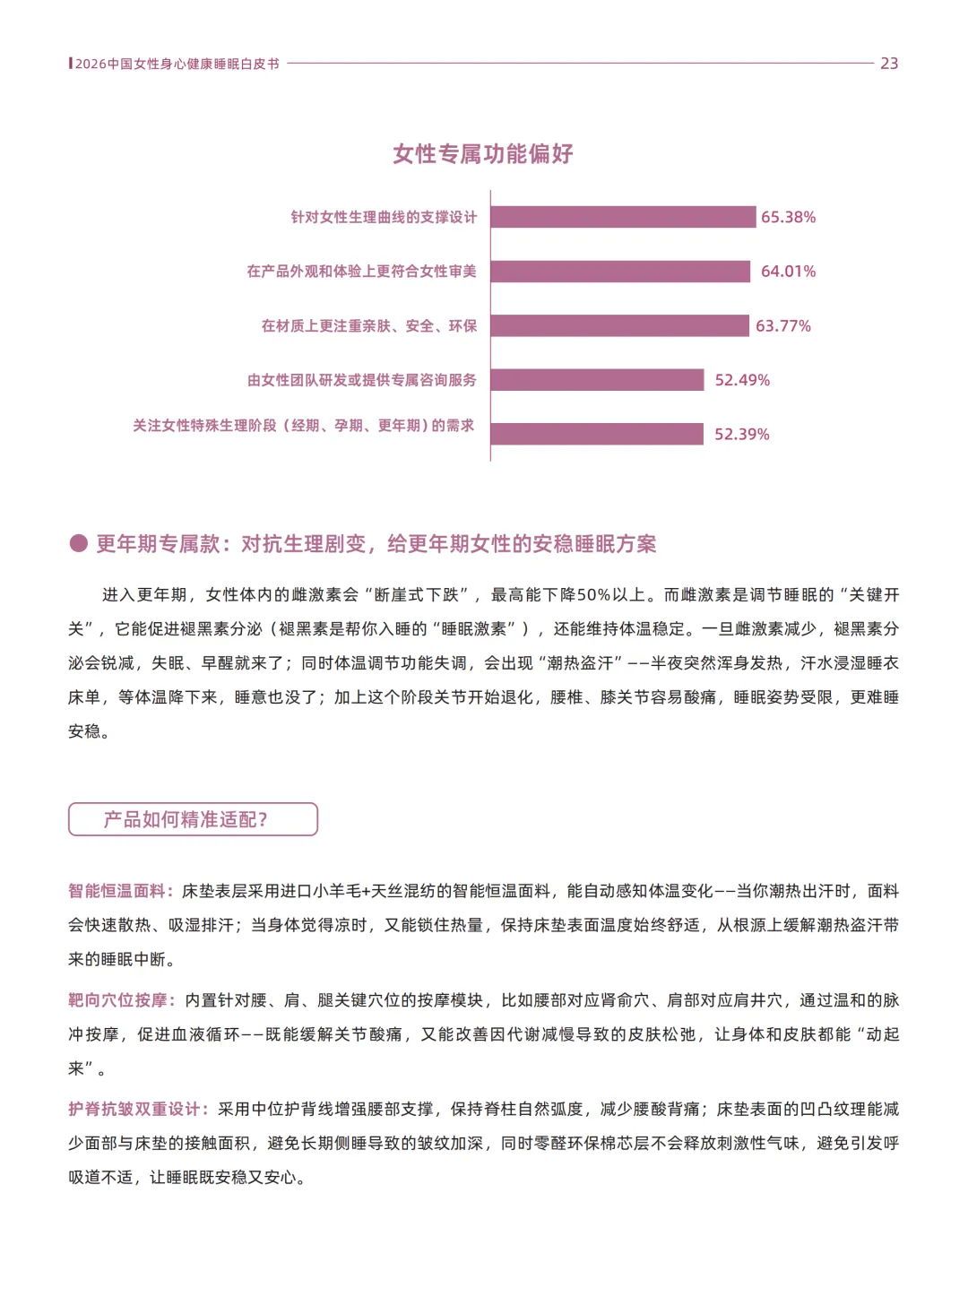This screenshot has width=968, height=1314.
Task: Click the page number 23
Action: pyautogui.click(x=888, y=64)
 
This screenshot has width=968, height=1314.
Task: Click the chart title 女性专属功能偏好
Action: pyautogui.click(x=483, y=154)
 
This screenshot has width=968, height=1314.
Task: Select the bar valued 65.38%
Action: pyautogui.click(x=623, y=217)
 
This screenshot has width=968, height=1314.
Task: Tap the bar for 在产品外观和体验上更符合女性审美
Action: pyautogui.click(x=620, y=272)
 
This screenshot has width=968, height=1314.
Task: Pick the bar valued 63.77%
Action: pyautogui.click(x=619, y=325)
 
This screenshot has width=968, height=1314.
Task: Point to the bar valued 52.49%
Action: pyautogui.click(x=597, y=380)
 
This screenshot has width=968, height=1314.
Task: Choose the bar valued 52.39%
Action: pyautogui.click(x=597, y=434)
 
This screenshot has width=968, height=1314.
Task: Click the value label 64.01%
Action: pyautogui.click(x=788, y=272)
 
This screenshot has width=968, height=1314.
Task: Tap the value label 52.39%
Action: pyautogui.click(x=741, y=435)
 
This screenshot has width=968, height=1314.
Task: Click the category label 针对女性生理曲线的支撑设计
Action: pyautogui.click(x=384, y=217)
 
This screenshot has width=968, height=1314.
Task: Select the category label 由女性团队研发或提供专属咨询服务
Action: pyautogui.click(x=362, y=380)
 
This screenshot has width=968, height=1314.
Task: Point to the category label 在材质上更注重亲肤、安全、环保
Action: pyautogui.click(x=369, y=325)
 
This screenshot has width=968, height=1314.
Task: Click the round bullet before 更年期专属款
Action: pyautogui.click(x=79, y=543)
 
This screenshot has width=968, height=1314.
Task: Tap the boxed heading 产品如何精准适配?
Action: pyautogui.click(x=193, y=819)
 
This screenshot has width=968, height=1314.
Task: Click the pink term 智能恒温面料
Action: pyautogui.click(x=117, y=891)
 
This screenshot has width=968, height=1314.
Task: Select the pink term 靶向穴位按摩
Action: pyautogui.click(x=117, y=1000)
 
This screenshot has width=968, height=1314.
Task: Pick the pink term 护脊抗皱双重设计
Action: pyautogui.click(x=134, y=1110)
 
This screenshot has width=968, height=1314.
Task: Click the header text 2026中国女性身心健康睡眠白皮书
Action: pyautogui.click(x=177, y=64)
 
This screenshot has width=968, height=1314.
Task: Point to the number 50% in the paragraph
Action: pyautogui.click(x=593, y=595)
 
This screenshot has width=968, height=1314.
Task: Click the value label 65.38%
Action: pyautogui.click(x=788, y=217)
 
